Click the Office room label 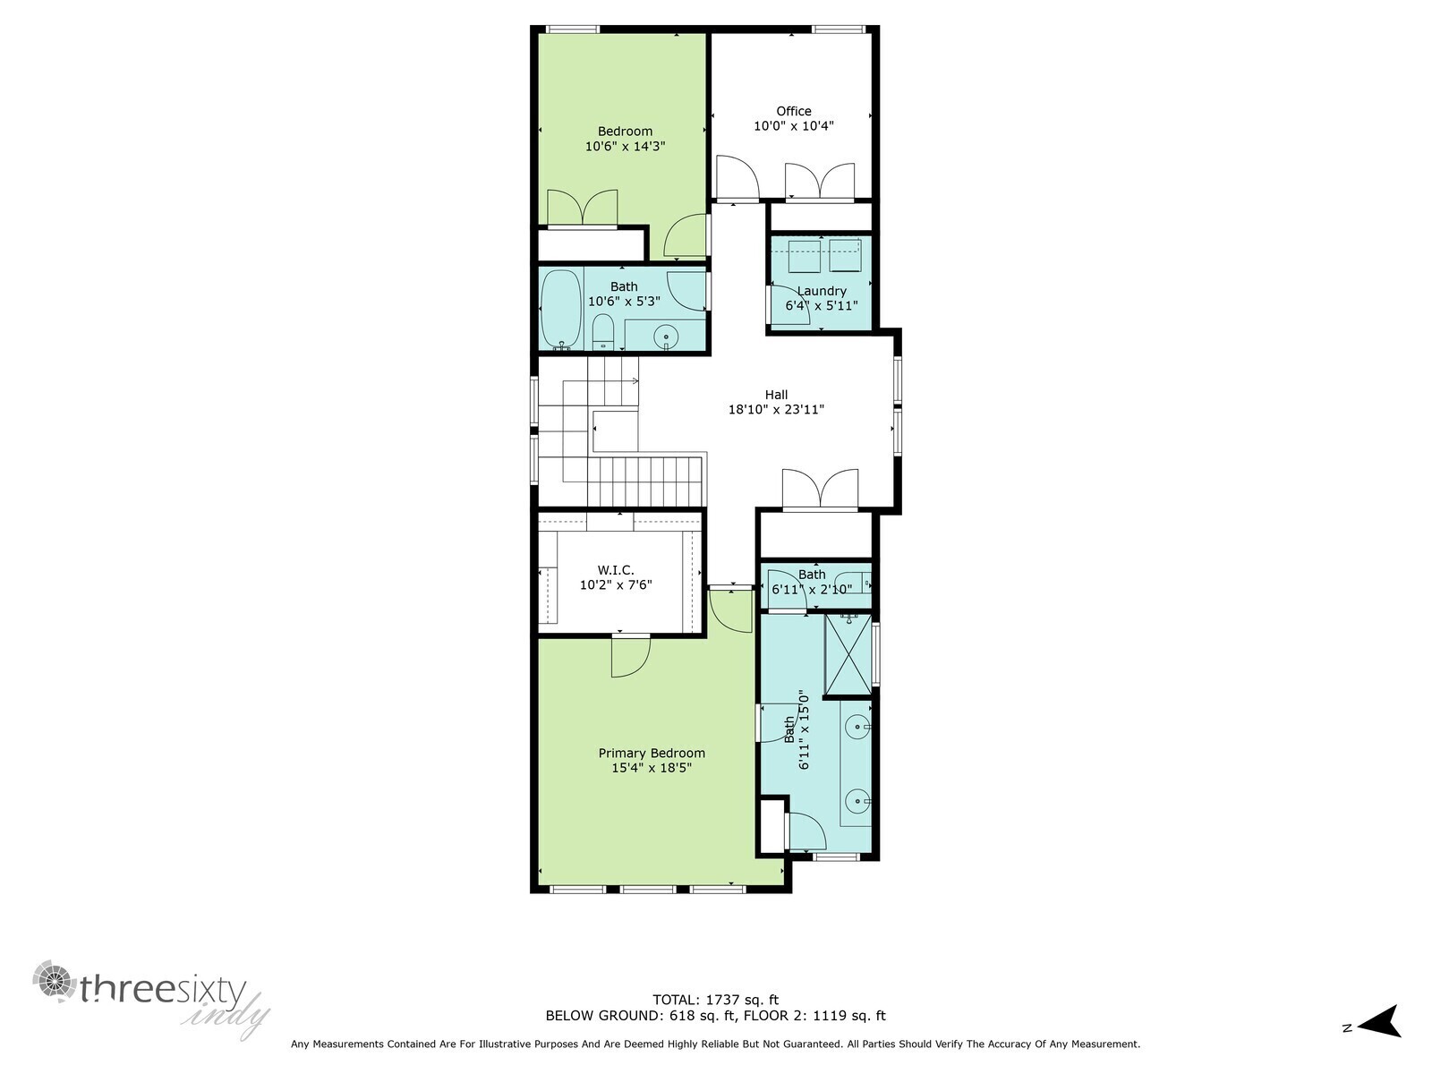(793, 111)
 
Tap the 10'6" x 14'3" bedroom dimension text (625, 146)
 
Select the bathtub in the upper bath (561, 309)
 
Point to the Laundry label (821, 291)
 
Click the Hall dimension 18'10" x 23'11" (775, 410)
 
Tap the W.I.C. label (616, 570)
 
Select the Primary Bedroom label (652, 753)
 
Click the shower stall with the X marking (848, 654)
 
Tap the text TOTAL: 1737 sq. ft (715, 1000)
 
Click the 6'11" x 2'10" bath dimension (812, 589)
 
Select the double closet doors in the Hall (820, 490)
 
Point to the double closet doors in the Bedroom (583, 208)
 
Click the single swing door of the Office (737, 177)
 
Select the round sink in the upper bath (666, 337)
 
